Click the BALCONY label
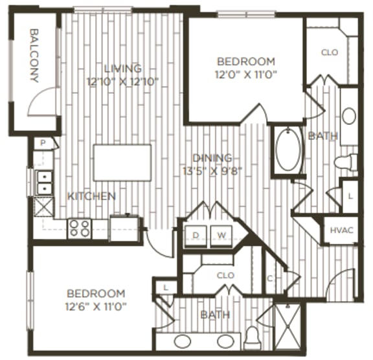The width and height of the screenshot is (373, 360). [34, 56]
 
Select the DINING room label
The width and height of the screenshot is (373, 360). [212, 158]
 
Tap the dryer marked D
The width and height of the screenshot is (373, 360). [196, 234]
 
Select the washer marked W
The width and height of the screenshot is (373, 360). [221, 234]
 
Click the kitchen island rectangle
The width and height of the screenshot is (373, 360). [122, 163]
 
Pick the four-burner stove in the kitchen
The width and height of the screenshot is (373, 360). [80, 227]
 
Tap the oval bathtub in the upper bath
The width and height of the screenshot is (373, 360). [288, 150]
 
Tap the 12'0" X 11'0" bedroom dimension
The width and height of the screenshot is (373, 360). [246, 74]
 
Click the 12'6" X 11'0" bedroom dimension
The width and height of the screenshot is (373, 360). [95, 305]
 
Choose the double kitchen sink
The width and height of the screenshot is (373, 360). [45, 183]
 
